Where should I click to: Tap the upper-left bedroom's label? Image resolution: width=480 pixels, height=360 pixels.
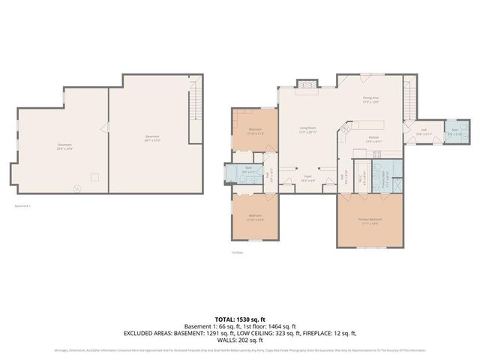coord(255,130)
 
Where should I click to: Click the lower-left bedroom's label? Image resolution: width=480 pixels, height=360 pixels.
coord(255,217)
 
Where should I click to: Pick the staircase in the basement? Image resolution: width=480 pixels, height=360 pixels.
coord(195,109)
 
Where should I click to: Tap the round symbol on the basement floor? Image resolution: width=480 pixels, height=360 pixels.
coord(76,188)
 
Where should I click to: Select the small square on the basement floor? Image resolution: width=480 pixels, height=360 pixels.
coord(94,177)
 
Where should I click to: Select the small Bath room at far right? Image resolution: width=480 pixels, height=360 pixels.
coord(454,132)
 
